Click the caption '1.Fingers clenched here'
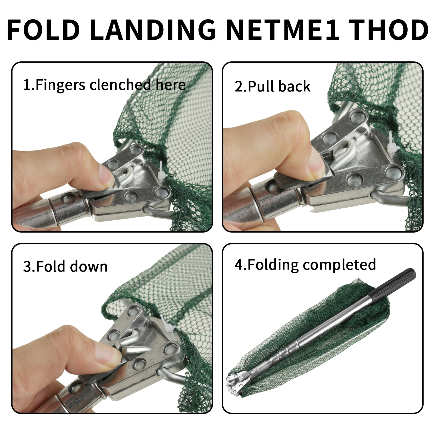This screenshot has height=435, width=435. (104, 85)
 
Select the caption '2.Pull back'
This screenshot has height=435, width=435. (273, 86)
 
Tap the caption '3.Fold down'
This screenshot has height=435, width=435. (65, 266)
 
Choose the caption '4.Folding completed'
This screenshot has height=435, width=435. (305, 265)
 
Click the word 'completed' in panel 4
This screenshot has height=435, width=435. (340, 265)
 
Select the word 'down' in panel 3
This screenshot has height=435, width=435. (89, 266)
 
